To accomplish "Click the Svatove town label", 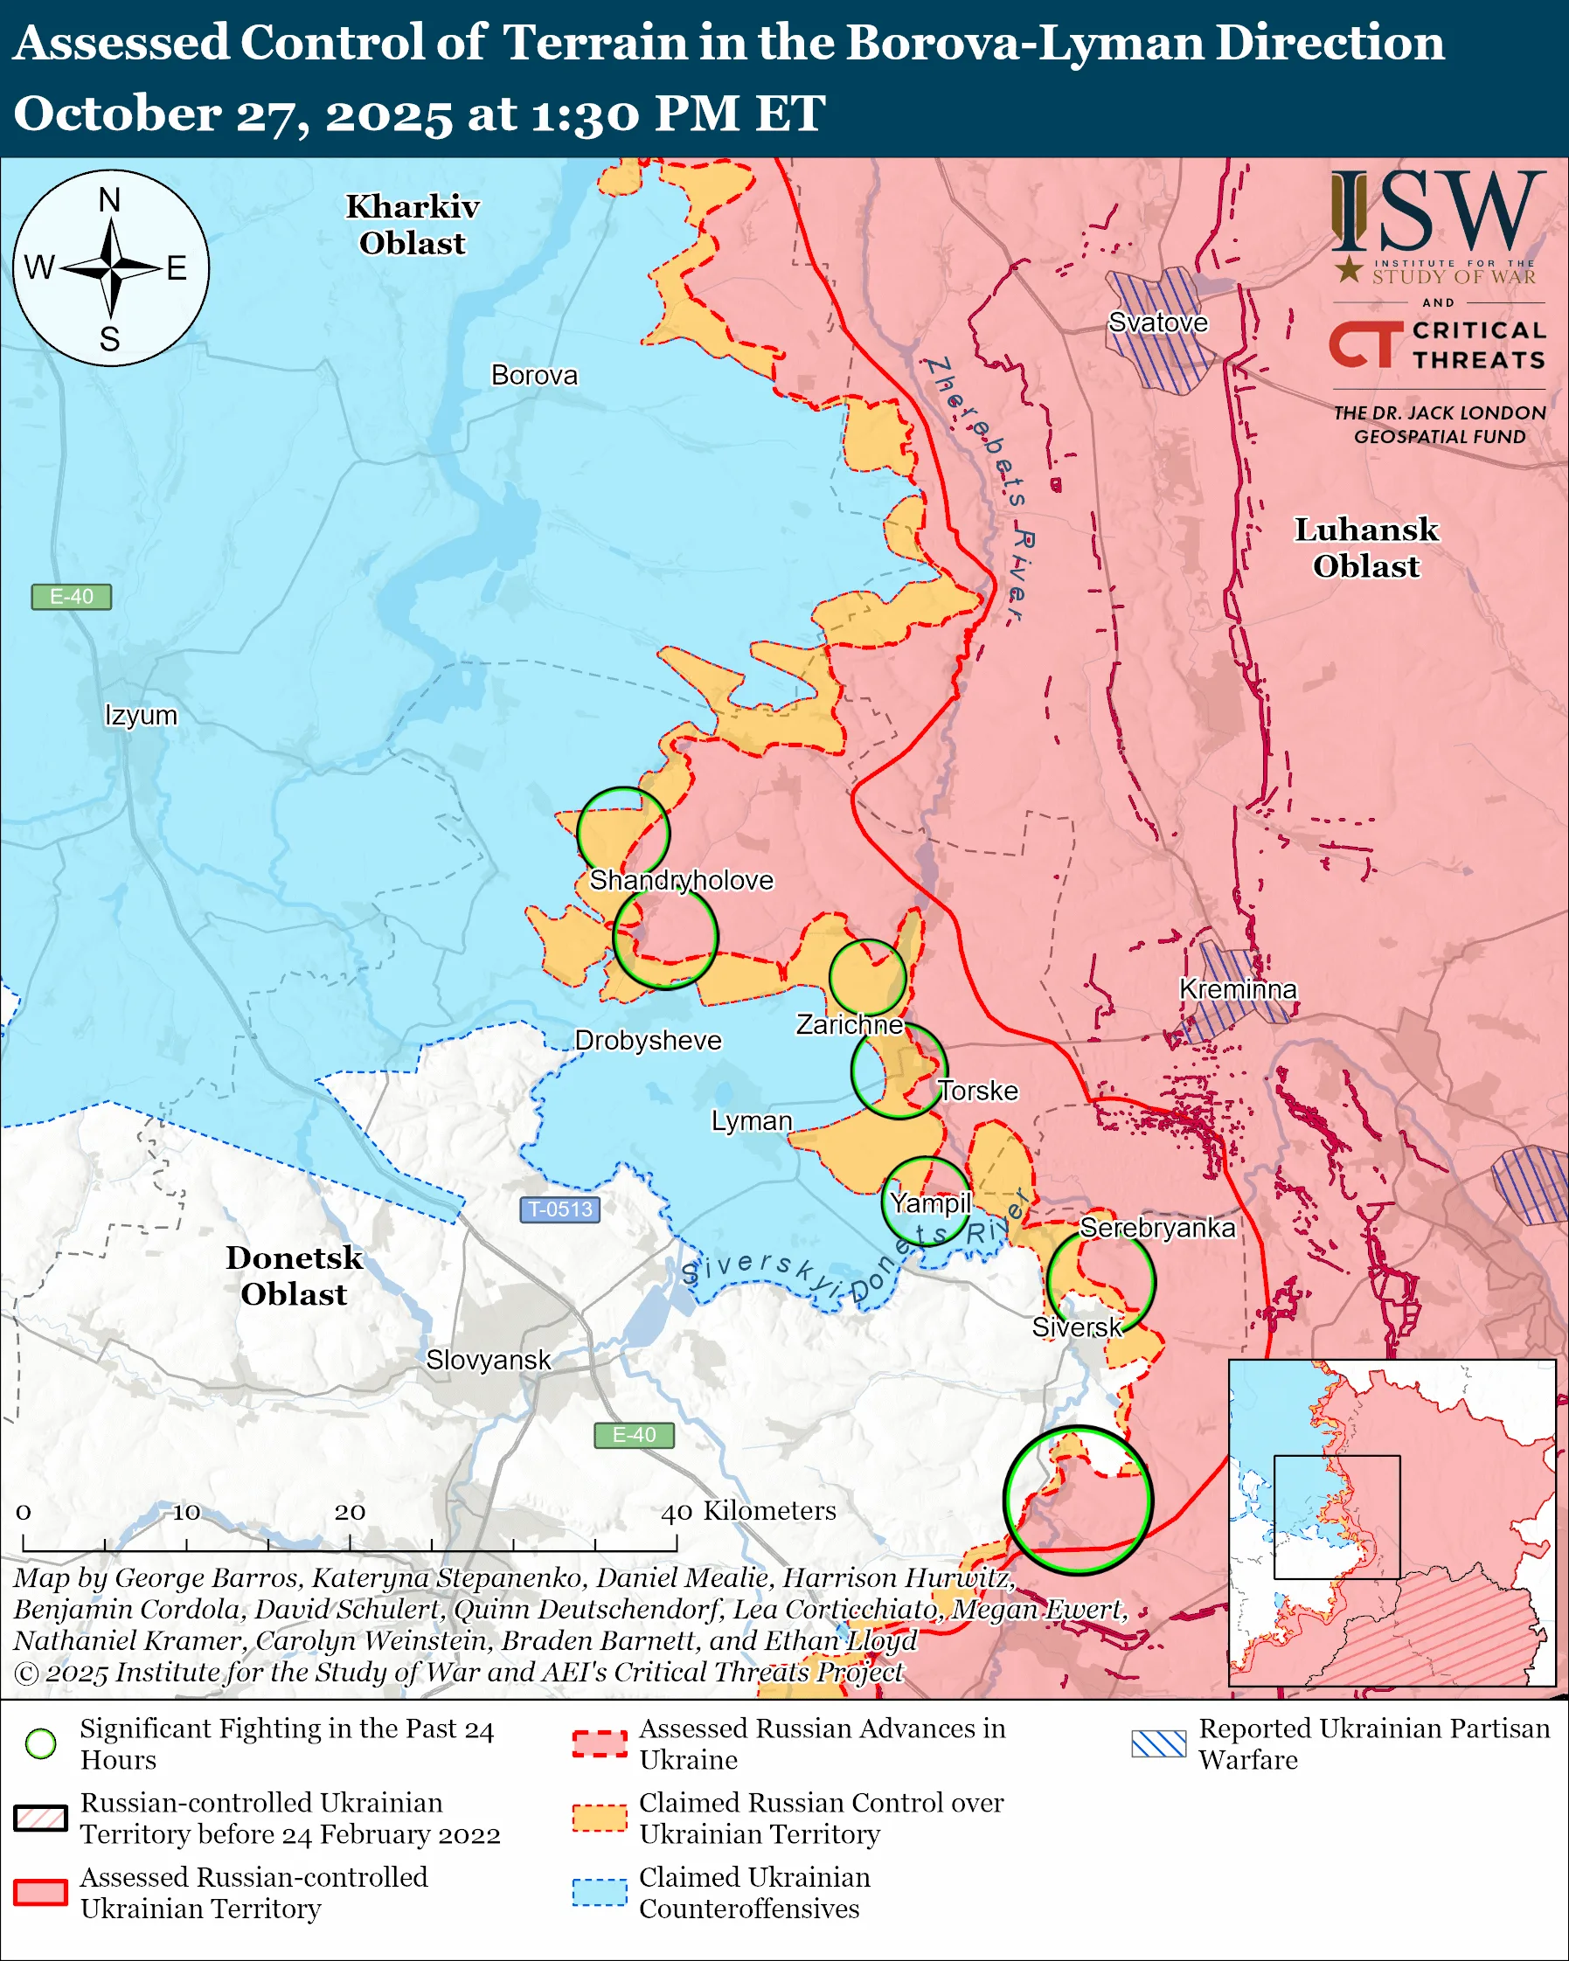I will [1157, 322].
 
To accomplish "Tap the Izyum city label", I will [141, 715].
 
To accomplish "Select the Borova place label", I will [534, 376].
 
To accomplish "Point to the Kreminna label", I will [1237, 989].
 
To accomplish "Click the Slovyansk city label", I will [489, 1360].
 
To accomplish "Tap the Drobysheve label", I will [648, 1041].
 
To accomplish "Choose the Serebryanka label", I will [1157, 1228].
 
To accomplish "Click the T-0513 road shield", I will [559, 1209].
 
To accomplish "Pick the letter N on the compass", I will [109, 200].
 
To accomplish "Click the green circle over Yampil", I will [927, 1202].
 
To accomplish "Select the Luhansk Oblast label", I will [1365, 548].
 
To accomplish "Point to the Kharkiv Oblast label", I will [412, 225].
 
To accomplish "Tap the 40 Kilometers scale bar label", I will [748, 1511].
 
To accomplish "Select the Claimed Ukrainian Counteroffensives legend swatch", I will [600, 1892].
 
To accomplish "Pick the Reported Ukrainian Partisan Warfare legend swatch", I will [1158, 1743].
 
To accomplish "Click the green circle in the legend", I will [41, 1743].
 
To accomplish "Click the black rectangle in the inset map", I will [1336, 1516].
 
